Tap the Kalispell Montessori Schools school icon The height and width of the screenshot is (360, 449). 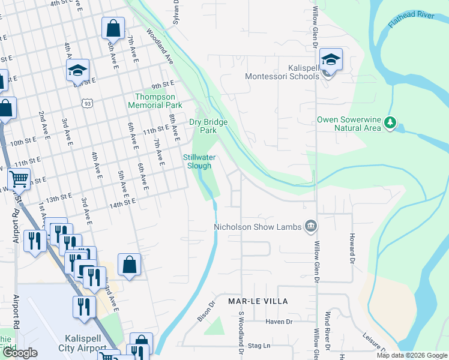click(331, 60)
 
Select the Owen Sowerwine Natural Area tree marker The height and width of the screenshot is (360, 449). click(391, 123)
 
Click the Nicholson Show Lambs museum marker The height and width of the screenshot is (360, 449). click(311, 226)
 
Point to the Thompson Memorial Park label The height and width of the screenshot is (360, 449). click(155, 101)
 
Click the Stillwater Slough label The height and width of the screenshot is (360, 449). click(199, 161)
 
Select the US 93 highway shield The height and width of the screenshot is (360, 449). click(88, 104)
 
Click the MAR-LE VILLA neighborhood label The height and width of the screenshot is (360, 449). click(258, 301)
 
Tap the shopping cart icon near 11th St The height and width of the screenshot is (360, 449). click(19, 178)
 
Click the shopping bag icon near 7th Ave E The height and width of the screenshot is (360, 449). click(113, 28)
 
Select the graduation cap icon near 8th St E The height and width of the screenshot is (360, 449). click(77, 70)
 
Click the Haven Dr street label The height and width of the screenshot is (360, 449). click(280, 322)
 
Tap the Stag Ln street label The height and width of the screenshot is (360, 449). click(259, 346)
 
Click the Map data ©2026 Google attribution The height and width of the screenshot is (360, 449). click(411, 355)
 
